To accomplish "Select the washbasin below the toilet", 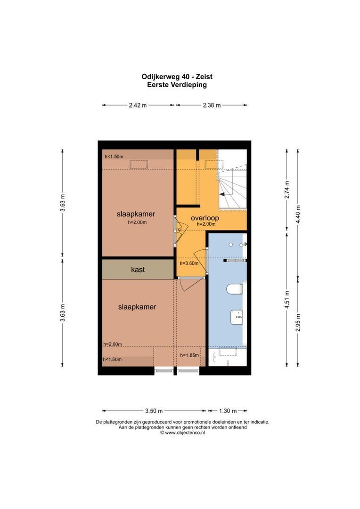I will click(x=237, y=317).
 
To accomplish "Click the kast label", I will click(x=138, y=270).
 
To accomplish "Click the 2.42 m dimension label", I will click(x=138, y=105).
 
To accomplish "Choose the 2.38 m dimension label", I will click(x=212, y=105).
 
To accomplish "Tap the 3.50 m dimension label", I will click(x=154, y=410).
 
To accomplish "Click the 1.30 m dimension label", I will click(x=228, y=410).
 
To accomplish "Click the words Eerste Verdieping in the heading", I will click(x=177, y=85).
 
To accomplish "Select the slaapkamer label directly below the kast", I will click(x=137, y=306).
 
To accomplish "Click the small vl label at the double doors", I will click(x=180, y=230).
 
